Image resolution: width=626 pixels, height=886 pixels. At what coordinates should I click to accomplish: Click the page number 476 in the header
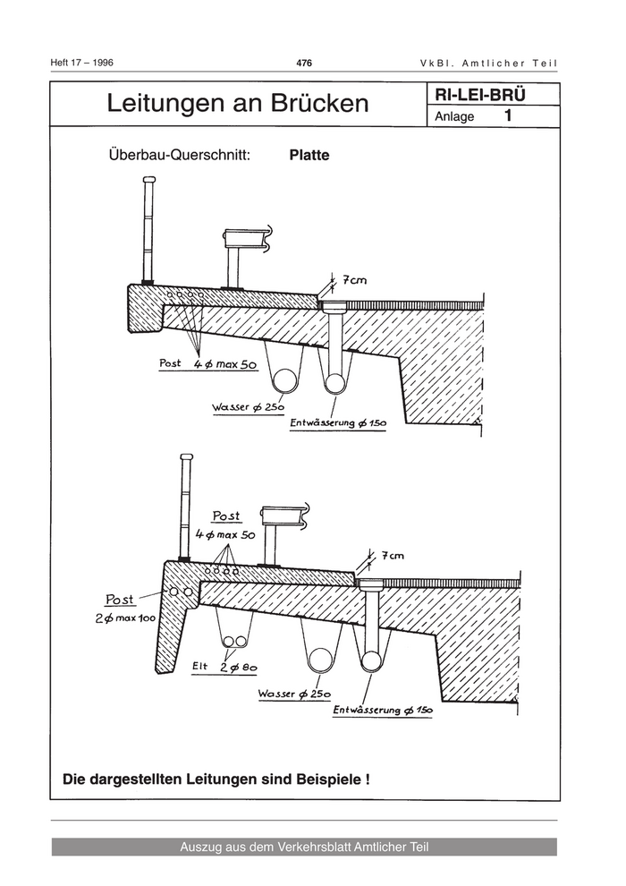tap(304, 63)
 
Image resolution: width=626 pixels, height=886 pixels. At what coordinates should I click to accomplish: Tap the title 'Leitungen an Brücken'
tap(237, 104)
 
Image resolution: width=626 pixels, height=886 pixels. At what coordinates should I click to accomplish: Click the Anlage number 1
tap(508, 116)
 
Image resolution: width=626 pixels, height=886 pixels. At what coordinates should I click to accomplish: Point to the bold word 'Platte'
tap(309, 155)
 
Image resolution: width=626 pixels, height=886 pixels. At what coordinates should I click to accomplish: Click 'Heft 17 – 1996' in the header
tap(83, 63)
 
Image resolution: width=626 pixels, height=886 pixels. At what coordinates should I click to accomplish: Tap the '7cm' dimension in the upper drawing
tap(351, 281)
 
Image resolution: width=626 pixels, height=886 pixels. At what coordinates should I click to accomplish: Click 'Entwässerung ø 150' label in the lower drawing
tap(382, 710)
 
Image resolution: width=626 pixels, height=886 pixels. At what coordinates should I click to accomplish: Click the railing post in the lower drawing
tap(185, 507)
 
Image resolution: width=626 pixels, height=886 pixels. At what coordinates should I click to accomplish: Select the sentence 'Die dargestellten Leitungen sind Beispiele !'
tap(216, 779)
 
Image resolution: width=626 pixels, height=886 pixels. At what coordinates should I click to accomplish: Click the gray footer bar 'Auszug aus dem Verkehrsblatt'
tap(304, 847)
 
